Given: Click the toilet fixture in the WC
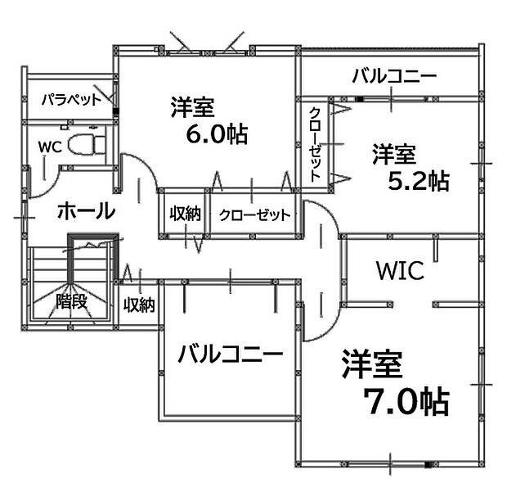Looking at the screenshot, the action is click(x=87, y=145).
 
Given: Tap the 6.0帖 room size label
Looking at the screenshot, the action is click(x=217, y=133).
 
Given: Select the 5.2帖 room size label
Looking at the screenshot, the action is click(x=419, y=181).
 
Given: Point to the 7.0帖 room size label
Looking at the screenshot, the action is click(x=406, y=402).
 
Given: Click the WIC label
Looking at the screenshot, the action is click(x=401, y=271).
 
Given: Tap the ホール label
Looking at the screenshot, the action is click(x=87, y=210).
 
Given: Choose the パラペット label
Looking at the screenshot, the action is click(x=71, y=99).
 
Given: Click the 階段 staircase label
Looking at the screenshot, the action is click(x=71, y=302).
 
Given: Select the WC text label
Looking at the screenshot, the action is click(x=50, y=147).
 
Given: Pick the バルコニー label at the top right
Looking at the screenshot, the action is click(x=394, y=76).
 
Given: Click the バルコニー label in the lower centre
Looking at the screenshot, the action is click(x=231, y=353).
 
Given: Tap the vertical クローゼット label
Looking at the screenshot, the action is click(x=315, y=144).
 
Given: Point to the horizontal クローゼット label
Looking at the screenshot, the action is click(x=255, y=214).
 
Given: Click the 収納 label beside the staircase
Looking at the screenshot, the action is click(x=139, y=305).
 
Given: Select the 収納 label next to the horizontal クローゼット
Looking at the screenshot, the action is click(x=186, y=214).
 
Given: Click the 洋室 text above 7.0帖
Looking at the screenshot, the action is click(x=373, y=363).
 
